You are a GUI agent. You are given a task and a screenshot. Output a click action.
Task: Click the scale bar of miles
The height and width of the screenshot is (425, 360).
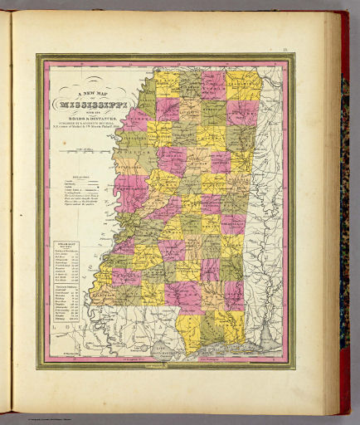[83, 150]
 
